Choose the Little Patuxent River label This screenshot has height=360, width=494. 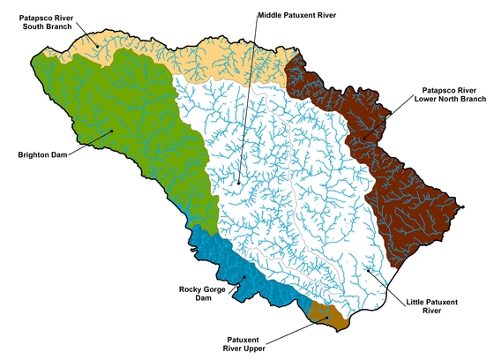(x=431, y=306)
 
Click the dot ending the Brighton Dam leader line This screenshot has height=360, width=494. (x=112, y=131)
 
